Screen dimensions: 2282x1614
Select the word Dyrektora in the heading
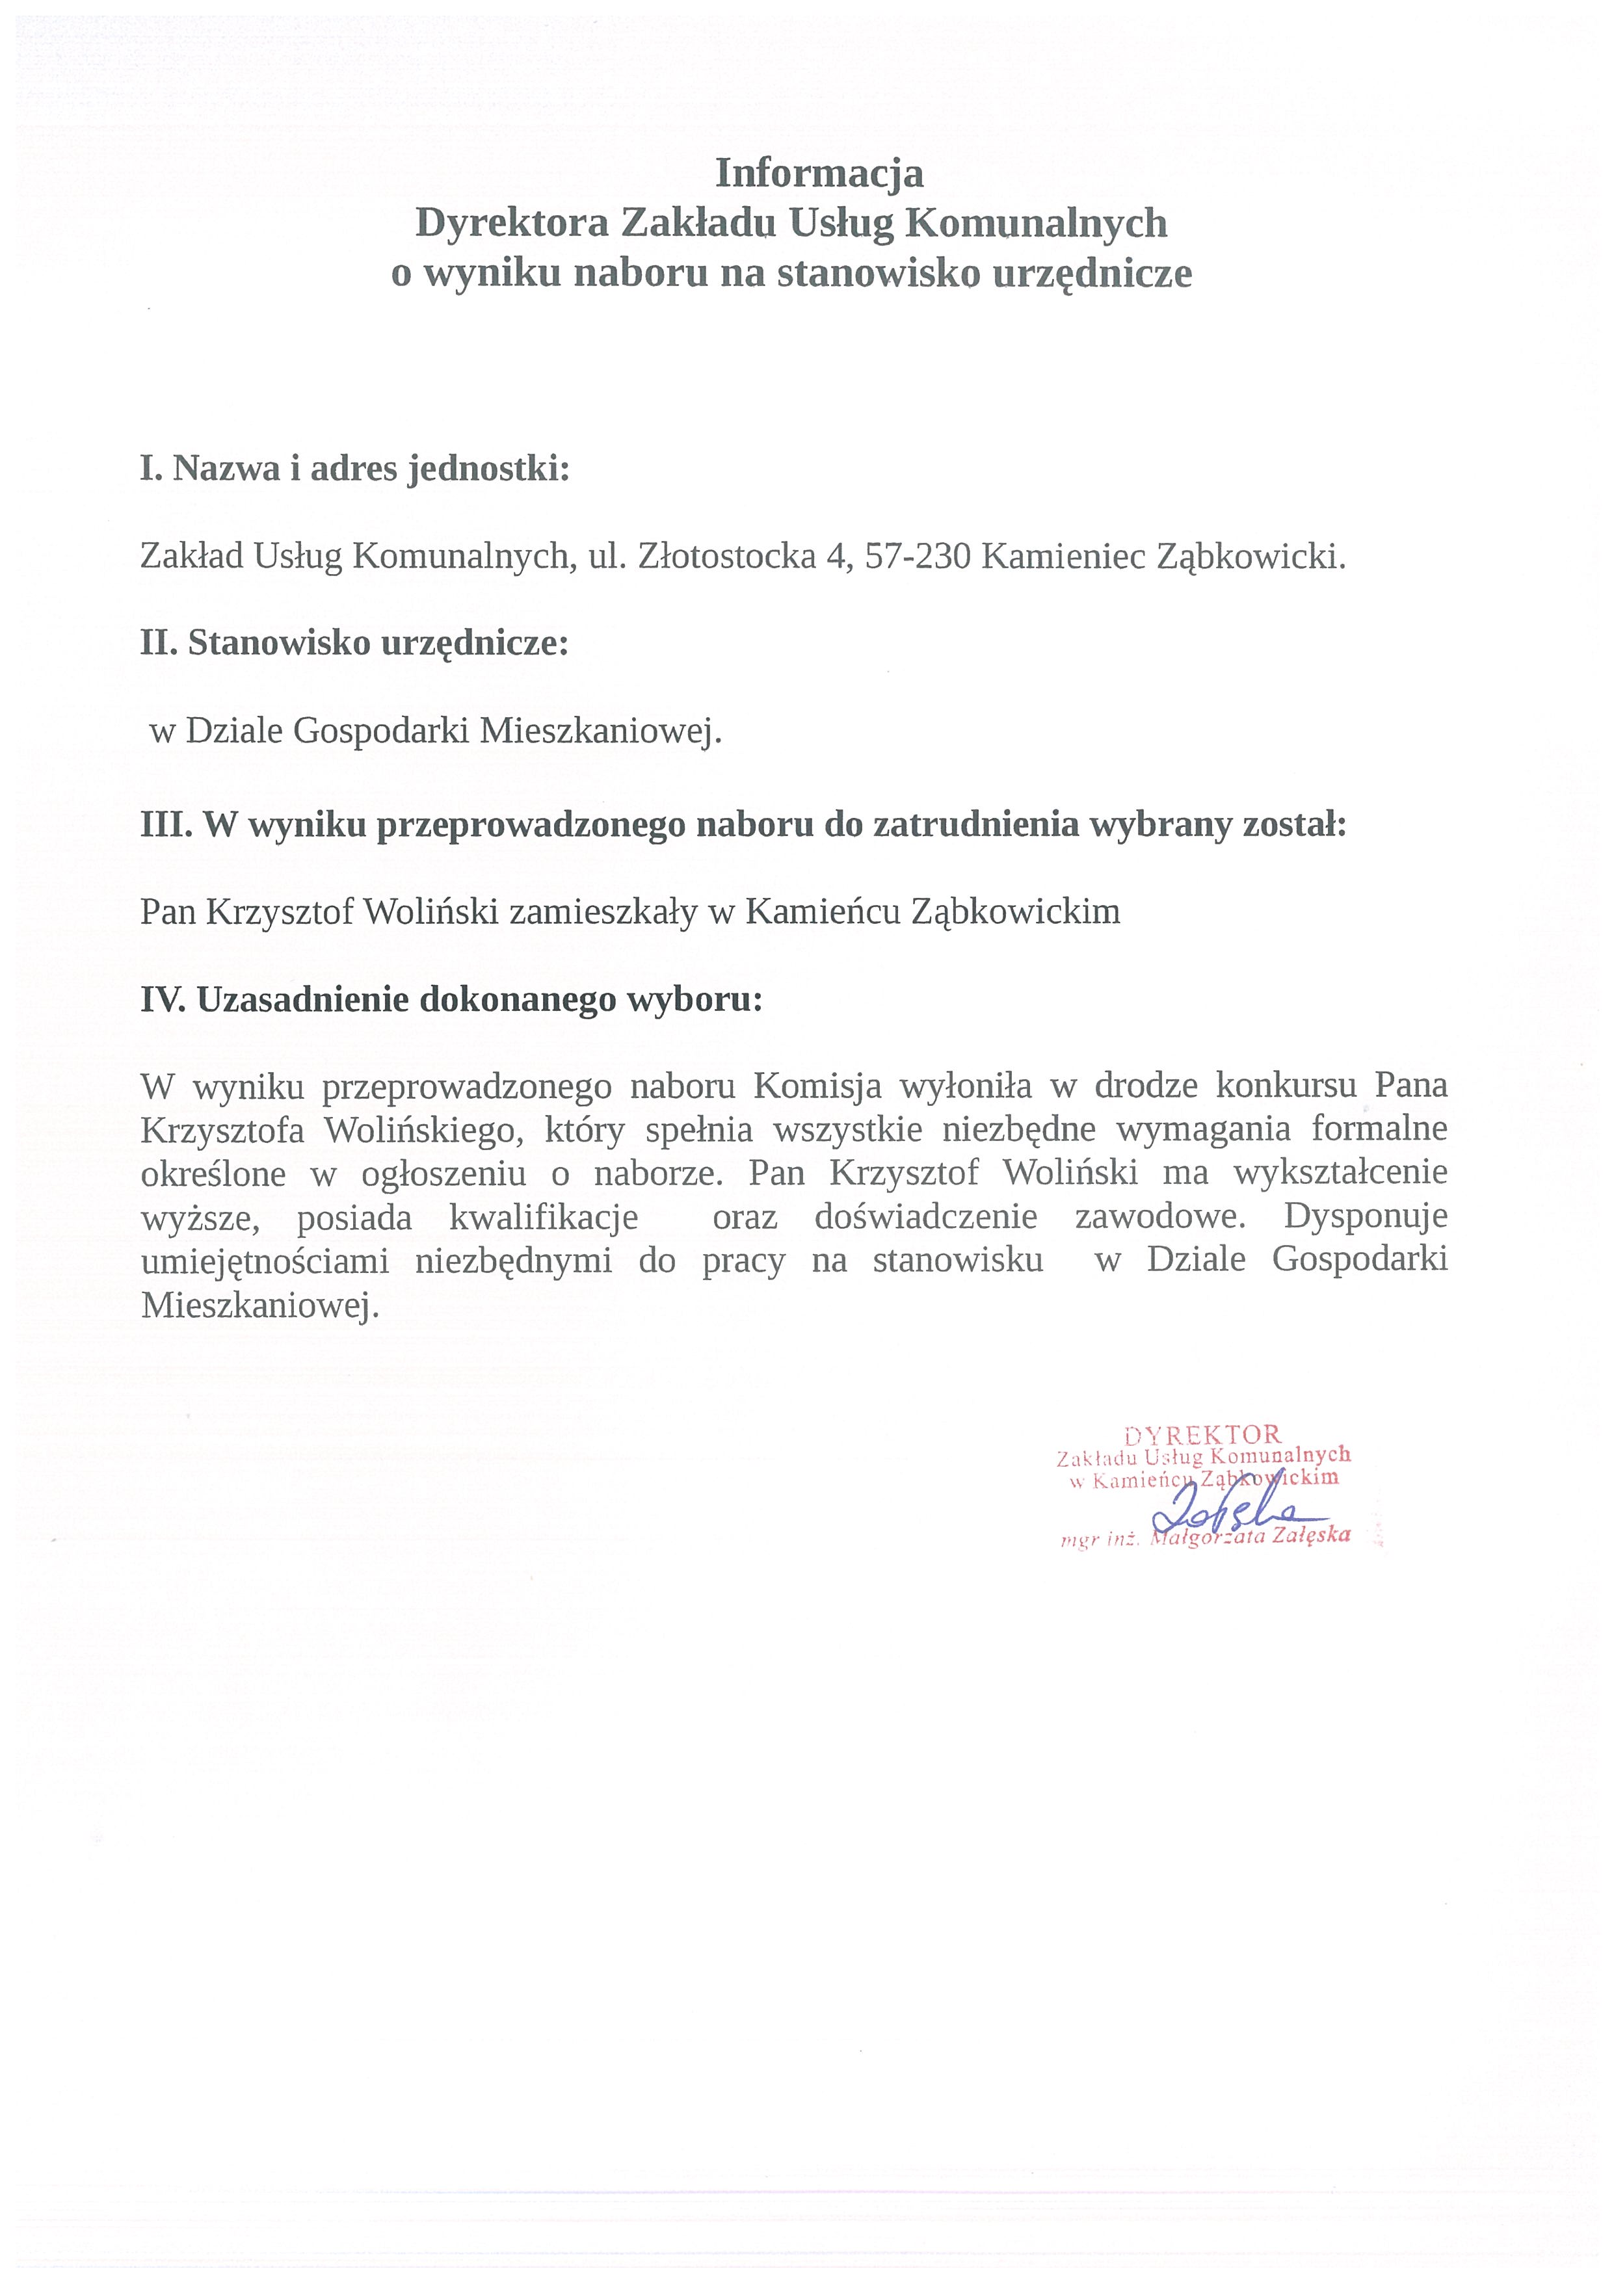pyautogui.click(x=511, y=224)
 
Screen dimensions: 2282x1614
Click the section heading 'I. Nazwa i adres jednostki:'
pyautogui.click(x=355, y=468)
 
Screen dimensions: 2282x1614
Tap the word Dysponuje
pyautogui.click(x=1366, y=1216)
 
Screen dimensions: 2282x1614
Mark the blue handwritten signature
pyautogui.click(x=1232, y=1511)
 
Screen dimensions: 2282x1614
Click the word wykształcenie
pyautogui.click(x=1340, y=1174)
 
